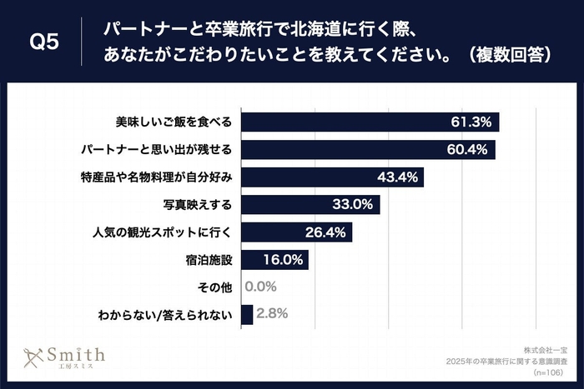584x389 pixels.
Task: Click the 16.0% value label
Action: pyautogui.click(x=282, y=260)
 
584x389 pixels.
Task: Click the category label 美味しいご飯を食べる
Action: pyautogui.click(x=174, y=122)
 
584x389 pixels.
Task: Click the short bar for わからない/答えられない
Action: pyautogui.click(x=246, y=315)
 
